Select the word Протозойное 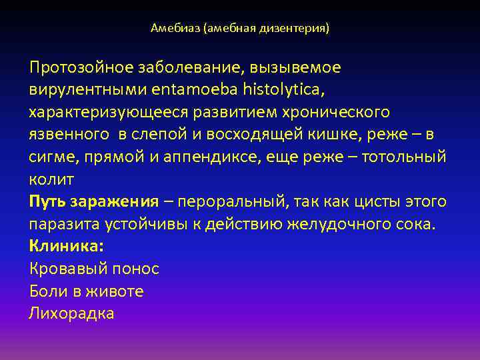click(80, 67)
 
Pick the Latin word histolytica click(283, 89)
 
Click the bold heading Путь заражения click(94, 202)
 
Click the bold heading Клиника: click(67, 246)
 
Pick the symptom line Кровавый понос click(94, 269)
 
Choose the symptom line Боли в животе click(86, 291)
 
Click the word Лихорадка click(71, 313)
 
